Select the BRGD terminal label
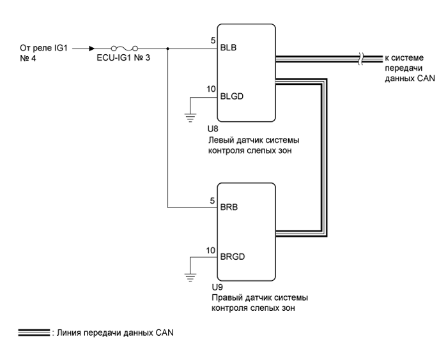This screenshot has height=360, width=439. (231, 257)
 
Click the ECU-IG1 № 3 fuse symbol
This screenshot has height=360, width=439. (123, 48)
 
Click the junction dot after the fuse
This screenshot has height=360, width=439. (167, 48)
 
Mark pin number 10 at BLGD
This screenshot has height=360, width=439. (211, 89)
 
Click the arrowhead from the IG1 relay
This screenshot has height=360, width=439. (93, 48)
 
